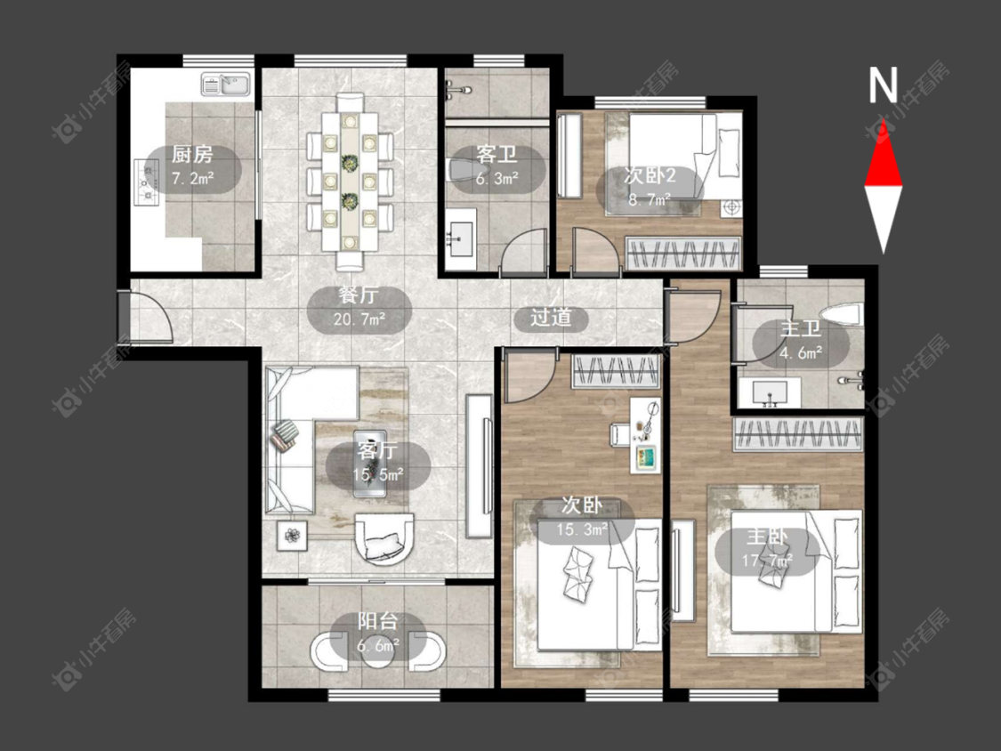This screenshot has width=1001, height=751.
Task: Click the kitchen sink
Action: [x=227, y=85]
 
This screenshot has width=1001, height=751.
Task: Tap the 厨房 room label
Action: [x=192, y=155]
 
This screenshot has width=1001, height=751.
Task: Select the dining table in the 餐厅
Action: [x=349, y=182]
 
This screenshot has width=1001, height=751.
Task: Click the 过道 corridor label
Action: [x=551, y=318]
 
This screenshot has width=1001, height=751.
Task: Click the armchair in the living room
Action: [x=384, y=538]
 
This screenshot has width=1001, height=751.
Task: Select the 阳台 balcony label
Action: [x=378, y=621]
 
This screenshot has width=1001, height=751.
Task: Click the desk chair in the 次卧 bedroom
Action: [x=621, y=433]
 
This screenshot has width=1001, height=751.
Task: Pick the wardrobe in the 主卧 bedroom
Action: [x=798, y=434]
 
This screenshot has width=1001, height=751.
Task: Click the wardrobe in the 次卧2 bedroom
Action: [x=683, y=253]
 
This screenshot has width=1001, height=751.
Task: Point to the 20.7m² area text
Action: [x=359, y=318]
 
